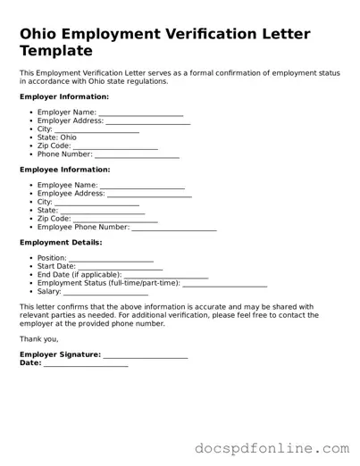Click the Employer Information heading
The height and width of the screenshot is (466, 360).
coord(63,96)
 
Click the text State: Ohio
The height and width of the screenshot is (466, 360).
coord(57,137)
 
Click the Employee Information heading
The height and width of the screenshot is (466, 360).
coord(64,170)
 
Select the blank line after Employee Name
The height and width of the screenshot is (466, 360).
coord(142,187)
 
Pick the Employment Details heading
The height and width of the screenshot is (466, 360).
coord(61,243)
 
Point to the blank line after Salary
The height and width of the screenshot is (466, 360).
coord(105,292)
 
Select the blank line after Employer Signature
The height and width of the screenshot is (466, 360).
coord(146,356)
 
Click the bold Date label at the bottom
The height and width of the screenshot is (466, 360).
coord(29,363)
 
